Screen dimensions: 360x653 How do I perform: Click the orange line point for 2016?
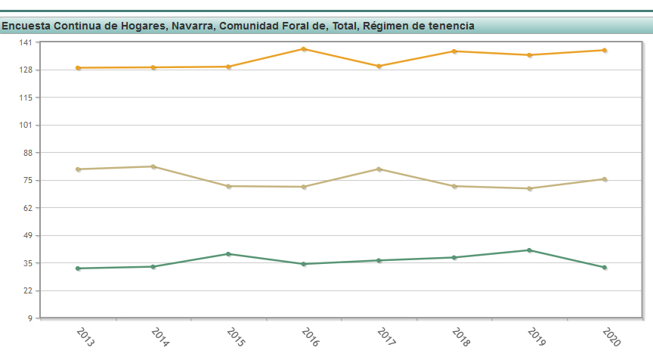[304, 49]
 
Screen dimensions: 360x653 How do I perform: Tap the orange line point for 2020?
[605, 51]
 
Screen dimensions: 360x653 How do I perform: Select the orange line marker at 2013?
[78, 68]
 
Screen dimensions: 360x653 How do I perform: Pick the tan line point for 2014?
[153, 166]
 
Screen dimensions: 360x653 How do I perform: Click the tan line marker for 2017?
[379, 169]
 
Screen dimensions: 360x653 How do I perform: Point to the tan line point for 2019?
[530, 188]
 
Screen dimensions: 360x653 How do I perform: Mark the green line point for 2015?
[228, 254]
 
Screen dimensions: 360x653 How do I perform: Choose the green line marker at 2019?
[530, 250]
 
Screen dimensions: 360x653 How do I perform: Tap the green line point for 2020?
[605, 268]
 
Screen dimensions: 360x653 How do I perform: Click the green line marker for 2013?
[78, 268]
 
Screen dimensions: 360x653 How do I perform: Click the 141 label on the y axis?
[25, 42]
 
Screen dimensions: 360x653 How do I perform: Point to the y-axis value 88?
[27, 153]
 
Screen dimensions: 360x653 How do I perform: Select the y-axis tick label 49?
[27, 235]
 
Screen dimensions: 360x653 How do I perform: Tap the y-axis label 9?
[29, 318]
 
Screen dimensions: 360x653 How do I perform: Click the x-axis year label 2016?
[310, 337]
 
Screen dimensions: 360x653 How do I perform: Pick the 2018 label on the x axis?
[460, 337]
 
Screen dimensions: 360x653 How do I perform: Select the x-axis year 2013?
[85, 337]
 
